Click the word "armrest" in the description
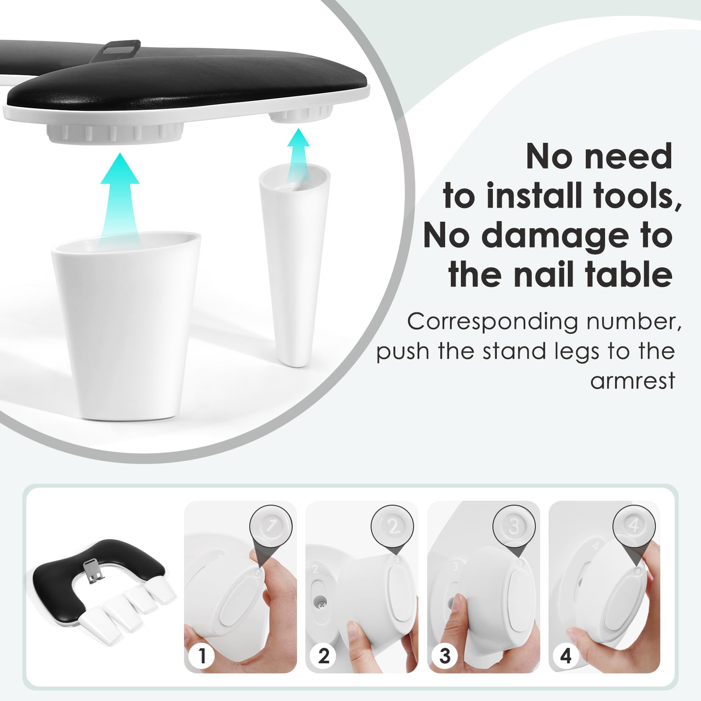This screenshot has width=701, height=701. pos(632,381)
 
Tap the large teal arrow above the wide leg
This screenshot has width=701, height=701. pos(120,198)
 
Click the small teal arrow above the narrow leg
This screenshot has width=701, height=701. pos(298,155)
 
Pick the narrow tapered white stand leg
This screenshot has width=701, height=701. pos(294,263)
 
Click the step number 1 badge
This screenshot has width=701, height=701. pos(202,655)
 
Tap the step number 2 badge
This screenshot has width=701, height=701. pos(323,655)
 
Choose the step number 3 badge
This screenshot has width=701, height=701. pos(445,655)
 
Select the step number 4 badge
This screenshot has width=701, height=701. pos(566,655)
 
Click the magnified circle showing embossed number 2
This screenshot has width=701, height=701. pos(393,526)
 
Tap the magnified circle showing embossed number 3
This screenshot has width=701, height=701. pos(514,526)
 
